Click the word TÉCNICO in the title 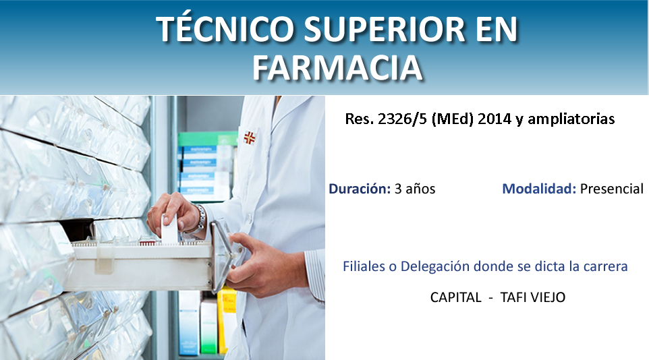(x=225, y=29)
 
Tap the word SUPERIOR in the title (x=384, y=29)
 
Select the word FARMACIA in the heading (x=337, y=67)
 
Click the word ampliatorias (x=571, y=119)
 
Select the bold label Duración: (x=360, y=189)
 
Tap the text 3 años (x=415, y=189)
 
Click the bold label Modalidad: (x=539, y=189)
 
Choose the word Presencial (x=612, y=189)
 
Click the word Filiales (x=364, y=266)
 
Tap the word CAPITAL (x=455, y=297)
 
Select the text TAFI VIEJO (x=533, y=297)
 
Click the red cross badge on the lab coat (x=249, y=138)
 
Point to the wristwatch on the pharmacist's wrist (x=200, y=218)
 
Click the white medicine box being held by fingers (x=170, y=230)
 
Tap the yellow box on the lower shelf (x=227, y=320)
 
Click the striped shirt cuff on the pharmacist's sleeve (x=316, y=275)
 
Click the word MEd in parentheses (x=453, y=119)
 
